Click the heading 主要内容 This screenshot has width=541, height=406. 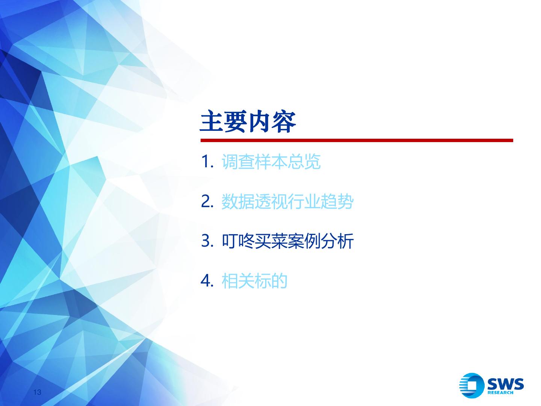[x=248, y=121]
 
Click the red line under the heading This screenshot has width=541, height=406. [x=357, y=140]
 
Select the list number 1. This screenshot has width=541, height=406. [x=207, y=162]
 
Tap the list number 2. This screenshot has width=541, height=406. [x=207, y=201]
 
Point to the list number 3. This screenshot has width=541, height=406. [x=207, y=241]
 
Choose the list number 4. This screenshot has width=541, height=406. [x=207, y=280]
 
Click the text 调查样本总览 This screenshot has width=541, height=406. [x=271, y=162]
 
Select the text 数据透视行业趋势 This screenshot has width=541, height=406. [x=287, y=201]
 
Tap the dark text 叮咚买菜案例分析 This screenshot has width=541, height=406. [x=287, y=241]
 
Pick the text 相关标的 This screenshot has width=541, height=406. [x=254, y=280]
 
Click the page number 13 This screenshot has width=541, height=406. [x=37, y=392]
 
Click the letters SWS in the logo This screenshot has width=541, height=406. [x=506, y=383]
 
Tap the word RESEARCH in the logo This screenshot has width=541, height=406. [x=500, y=392]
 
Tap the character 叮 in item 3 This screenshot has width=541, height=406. [x=230, y=241]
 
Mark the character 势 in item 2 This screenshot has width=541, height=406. [x=345, y=201]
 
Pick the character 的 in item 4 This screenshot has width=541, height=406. [x=279, y=280]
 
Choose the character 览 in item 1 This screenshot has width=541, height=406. [x=312, y=162]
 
